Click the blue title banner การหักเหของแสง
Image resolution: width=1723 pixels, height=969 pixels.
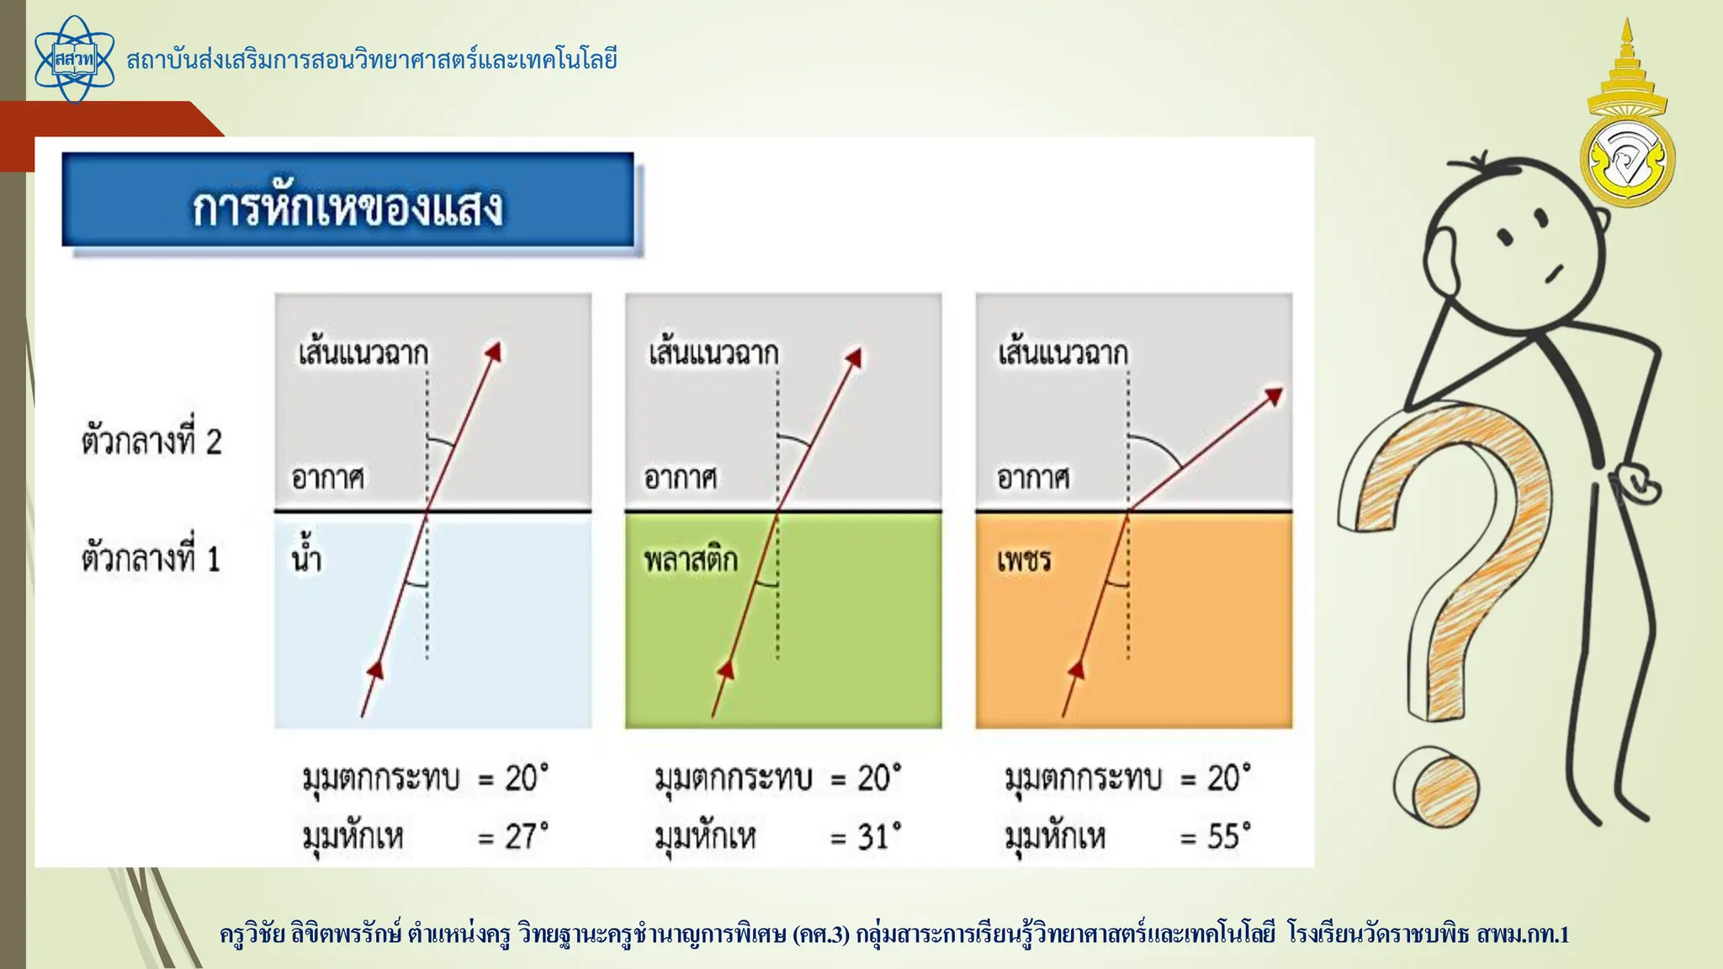pos(347,201)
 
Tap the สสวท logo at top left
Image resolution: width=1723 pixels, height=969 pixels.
pos(74,60)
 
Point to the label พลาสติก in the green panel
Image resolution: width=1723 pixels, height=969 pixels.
pos(691,559)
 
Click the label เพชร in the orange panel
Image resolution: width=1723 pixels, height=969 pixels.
pos(1024,559)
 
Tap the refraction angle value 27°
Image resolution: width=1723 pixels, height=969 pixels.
pos(527,836)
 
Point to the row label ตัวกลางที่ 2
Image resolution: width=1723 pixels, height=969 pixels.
pos(151,441)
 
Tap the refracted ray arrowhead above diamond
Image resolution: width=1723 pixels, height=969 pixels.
pos(1274,395)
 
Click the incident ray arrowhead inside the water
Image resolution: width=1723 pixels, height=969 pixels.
pos(376,670)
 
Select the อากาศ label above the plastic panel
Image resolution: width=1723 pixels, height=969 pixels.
pos(680,478)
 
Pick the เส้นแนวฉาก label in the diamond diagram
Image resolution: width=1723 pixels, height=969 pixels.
pos(1063,352)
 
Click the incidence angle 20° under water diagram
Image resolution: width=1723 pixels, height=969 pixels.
pos(527,778)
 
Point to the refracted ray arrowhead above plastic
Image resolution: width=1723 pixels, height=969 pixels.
pos(853,357)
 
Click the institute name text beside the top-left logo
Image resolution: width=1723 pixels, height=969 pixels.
pos(372,60)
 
